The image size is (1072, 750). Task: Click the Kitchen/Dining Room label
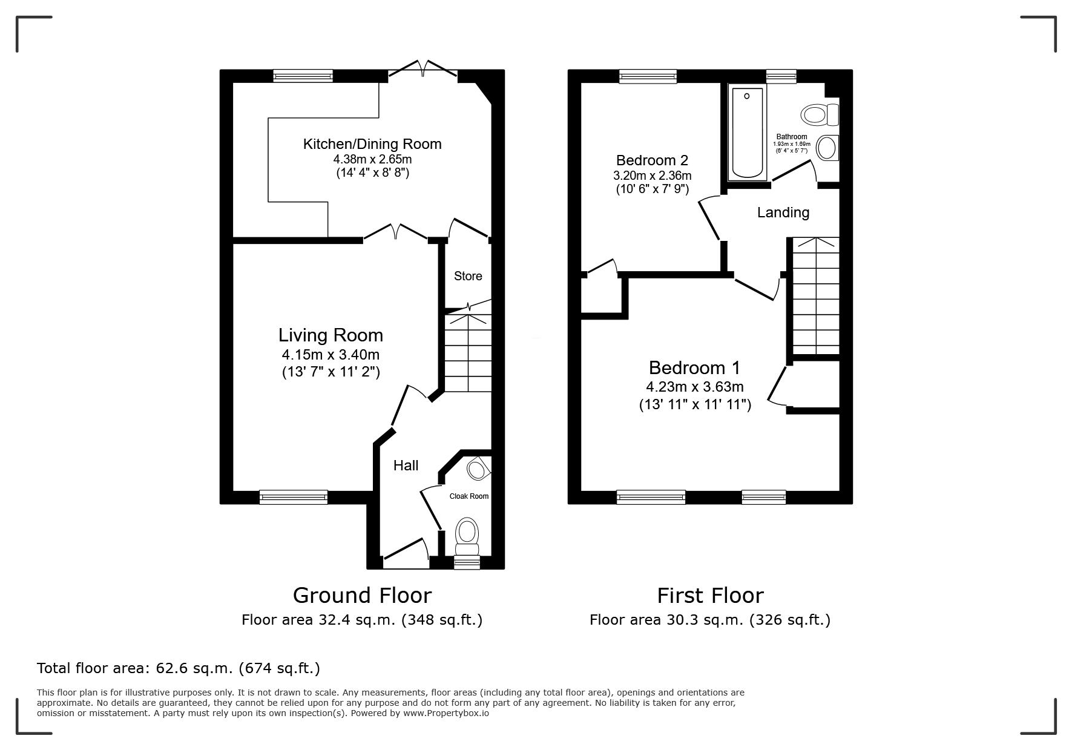click(x=372, y=144)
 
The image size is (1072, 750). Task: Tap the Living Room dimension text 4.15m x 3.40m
click(x=330, y=355)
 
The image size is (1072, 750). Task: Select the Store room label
click(x=468, y=276)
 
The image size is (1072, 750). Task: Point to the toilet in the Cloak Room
click(x=467, y=536)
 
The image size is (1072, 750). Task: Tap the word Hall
click(x=406, y=465)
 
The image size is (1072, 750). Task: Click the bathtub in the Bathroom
click(x=748, y=133)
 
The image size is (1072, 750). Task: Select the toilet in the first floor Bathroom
click(x=820, y=114)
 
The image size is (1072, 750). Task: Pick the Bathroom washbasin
click(x=827, y=147)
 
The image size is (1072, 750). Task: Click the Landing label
click(x=783, y=212)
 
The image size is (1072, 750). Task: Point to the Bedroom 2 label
click(x=652, y=160)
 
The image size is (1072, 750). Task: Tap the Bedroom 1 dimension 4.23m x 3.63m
click(x=695, y=387)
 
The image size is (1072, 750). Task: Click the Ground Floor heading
click(x=362, y=596)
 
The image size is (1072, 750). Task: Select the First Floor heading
click(x=710, y=596)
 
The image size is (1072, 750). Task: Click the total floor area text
click(x=179, y=668)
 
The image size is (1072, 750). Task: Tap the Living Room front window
click(x=294, y=498)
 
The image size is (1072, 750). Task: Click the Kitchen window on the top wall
click(x=303, y=76)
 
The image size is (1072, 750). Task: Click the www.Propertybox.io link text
click(x=446, y=713)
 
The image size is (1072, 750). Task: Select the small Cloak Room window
click(x=467, y=563)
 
